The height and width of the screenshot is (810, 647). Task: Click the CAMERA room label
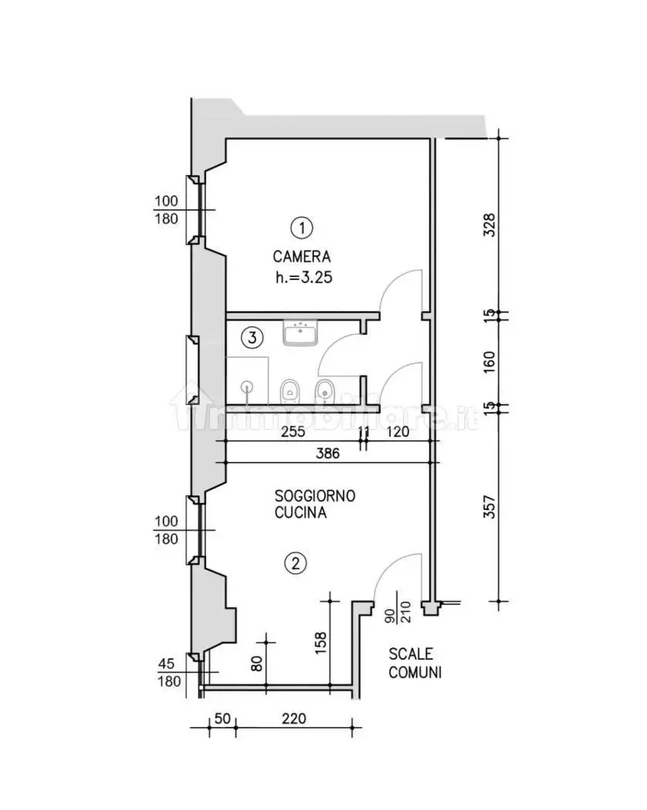[x=302, y=256]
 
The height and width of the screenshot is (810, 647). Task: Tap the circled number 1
[x=302, y=228]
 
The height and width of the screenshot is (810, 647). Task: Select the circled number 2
[x=295, y=563]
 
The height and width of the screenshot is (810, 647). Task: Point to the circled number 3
[x=252, y=338]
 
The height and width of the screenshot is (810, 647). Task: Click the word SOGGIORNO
[x=314, y=496]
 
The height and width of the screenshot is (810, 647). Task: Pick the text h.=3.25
[x=303, y=278]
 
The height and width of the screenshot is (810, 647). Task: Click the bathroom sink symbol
[x=300, y=332]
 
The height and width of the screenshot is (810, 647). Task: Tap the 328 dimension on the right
[x=489, y=225]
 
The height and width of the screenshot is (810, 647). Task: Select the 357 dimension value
[x=489, y=507]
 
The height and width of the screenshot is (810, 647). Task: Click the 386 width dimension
[x=328, y=453]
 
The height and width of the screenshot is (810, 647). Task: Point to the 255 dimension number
[x=293, y=431]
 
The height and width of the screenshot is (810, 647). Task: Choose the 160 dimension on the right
[x=489, y=362]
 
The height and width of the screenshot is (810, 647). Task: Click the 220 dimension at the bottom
[x=293, y=718]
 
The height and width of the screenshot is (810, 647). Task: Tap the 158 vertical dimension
[x=320, y=643]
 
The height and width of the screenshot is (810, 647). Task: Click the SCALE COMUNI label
[x=415, y=663]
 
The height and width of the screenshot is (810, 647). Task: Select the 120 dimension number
[x=397, y=431]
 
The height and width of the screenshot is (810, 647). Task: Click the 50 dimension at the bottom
[x=222, y=718]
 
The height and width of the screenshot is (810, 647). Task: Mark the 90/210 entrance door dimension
[x=398, y=613]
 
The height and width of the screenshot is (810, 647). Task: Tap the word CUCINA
[x=300, y=512]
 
